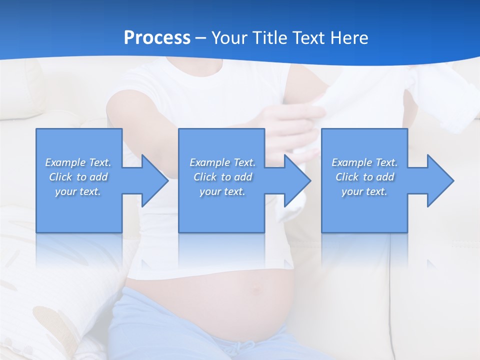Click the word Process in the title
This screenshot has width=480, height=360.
157,38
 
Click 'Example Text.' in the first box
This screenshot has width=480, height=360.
78,162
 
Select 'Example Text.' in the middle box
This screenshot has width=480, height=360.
222,162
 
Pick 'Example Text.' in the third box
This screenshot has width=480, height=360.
364,162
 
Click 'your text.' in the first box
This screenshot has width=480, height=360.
78,191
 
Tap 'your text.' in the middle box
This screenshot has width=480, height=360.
222,191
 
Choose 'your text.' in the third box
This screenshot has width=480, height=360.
364,191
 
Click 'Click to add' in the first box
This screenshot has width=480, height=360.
78,177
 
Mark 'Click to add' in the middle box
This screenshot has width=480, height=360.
222,177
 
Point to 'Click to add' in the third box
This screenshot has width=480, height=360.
364,177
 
